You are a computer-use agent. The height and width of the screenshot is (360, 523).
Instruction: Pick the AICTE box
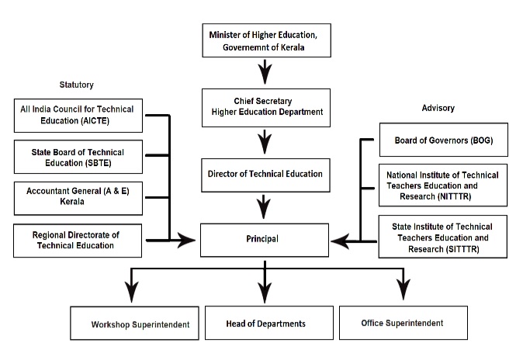click(77, 116)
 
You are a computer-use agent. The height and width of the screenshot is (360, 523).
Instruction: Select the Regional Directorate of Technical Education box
click(77, 240)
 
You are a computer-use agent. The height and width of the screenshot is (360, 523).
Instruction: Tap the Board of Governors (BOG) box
click(442, 141)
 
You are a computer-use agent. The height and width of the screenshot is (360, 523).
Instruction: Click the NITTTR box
click(442, 186)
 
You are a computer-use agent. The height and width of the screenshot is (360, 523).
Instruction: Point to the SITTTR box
click(442, 236)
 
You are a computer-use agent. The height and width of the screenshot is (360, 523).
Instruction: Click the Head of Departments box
click(265, 323)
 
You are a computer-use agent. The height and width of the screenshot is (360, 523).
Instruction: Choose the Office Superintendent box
click(403, 322)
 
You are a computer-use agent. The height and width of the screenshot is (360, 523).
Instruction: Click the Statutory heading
click(76, 85)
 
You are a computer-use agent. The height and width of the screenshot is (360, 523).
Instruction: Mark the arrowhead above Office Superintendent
click(403, 291)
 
